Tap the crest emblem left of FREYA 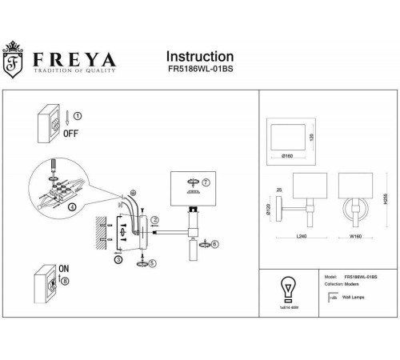pyautogui.click(x=14, y=60)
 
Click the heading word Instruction pyautogui.click(x=199, y=57)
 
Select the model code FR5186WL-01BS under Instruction pyautogui.click(x=199, y=71)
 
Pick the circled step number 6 pyautogui.click(x=214, y=244)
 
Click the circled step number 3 pyautogui.click(x=118, y=260)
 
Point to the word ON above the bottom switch pyautogui.click(x=64, y=270)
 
